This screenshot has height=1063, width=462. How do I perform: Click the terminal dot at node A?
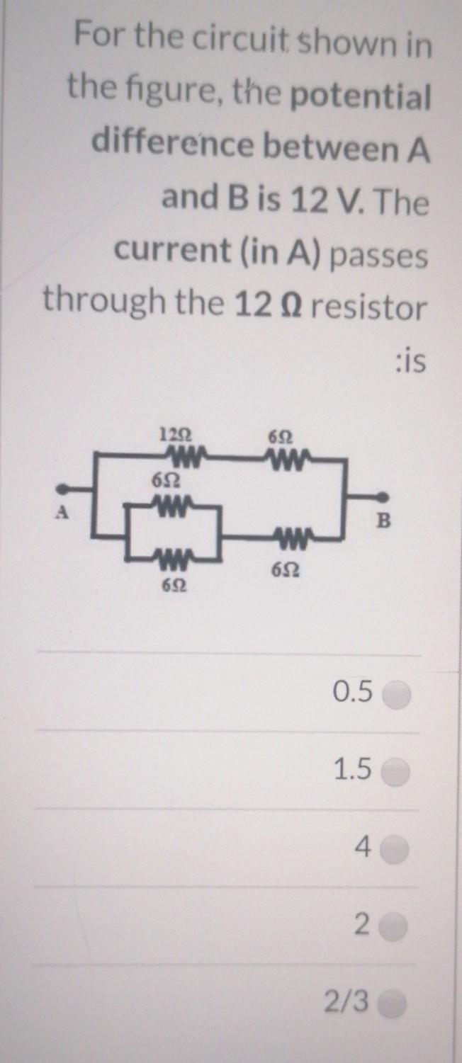point(63,489)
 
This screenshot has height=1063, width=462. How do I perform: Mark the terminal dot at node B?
point(383,498)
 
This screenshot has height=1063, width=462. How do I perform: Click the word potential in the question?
point(360,97)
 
